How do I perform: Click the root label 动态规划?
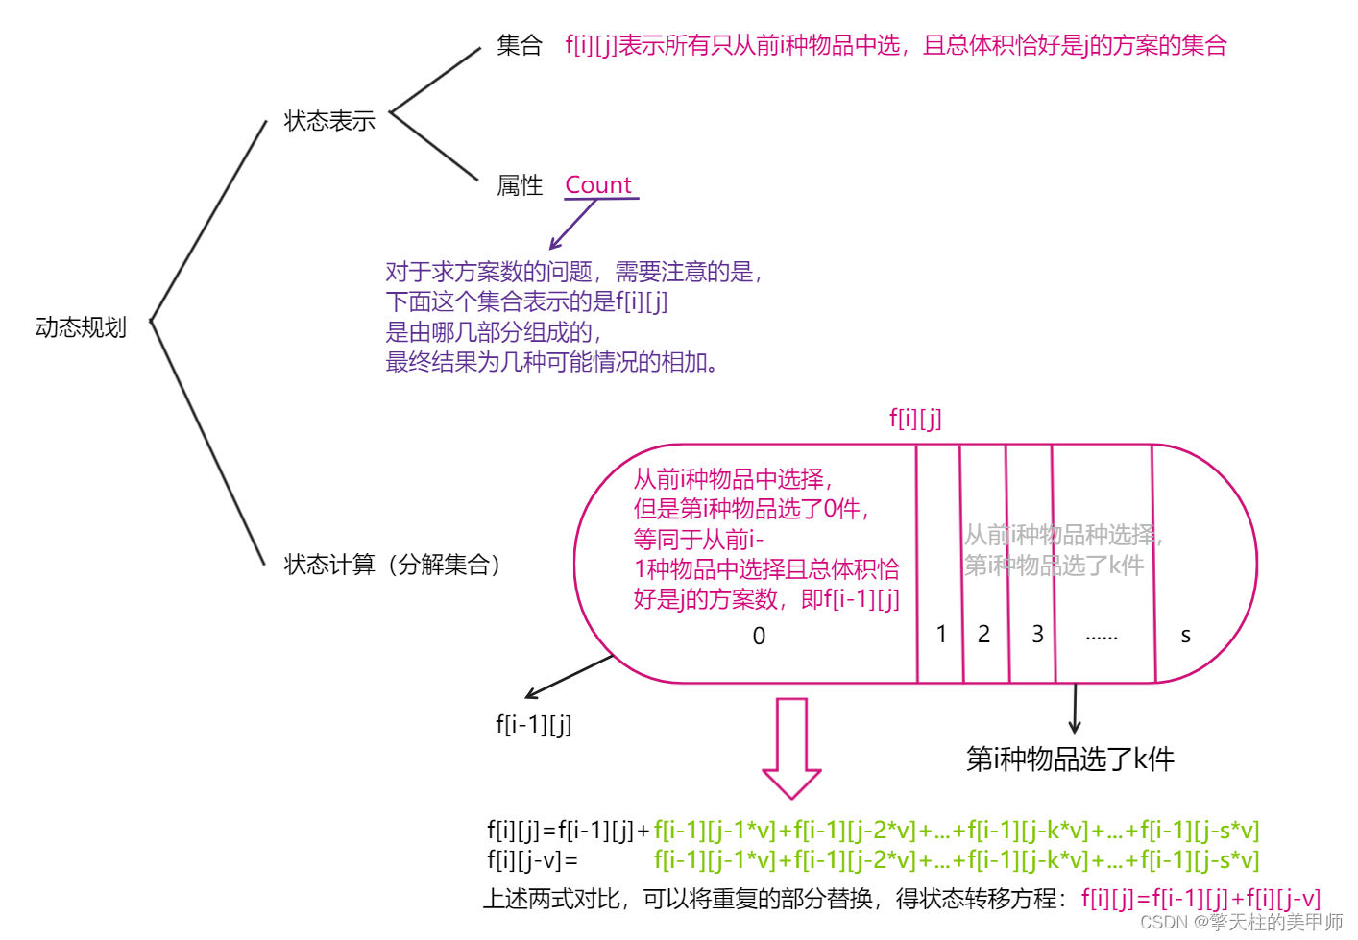click(81, 327)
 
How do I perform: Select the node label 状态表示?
click(329, 121)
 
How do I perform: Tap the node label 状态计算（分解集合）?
click(393, 565)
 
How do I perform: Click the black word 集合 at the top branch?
click(520, 45)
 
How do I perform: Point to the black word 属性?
click(520, 185)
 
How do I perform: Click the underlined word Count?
click(598, 184)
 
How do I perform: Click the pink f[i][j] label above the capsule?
click(915, 418)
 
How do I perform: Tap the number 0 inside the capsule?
click(759, 636)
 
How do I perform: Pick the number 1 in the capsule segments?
click(941, 634)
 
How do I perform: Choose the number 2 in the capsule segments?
click(983, 634)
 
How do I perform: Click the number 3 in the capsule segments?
click(1037, 634)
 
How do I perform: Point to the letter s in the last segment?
click(1185, 636)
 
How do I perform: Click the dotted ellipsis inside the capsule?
click(1102, 637)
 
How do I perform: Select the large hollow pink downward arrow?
click(791, 748)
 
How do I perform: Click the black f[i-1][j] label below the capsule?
click(534, 724)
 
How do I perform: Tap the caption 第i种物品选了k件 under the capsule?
click(1070, 759)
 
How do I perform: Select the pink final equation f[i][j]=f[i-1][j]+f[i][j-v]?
click(1200, 899)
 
